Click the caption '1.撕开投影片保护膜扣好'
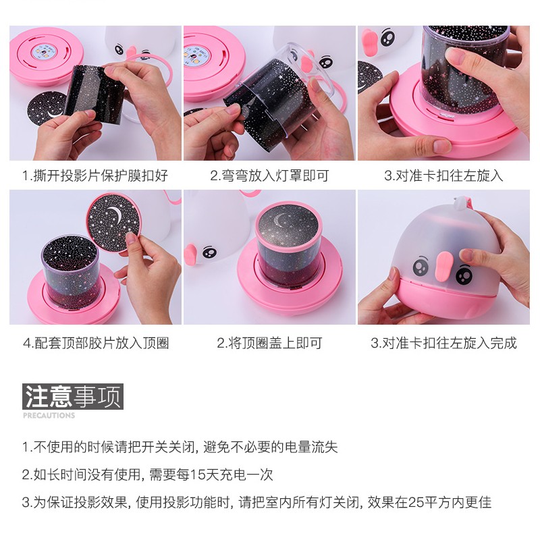pos(95,175)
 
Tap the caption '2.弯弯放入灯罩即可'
pos(269,175)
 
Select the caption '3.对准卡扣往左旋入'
pos(443,175)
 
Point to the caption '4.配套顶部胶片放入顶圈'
pos(96,343)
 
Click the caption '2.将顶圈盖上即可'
pos(269,343)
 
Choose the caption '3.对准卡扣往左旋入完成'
pos(443,343)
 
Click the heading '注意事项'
pos(73,396)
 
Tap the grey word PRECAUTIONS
pos(49,415)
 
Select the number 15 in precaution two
pos(196,475)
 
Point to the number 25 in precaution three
pos(416,502)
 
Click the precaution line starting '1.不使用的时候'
pos(180,447)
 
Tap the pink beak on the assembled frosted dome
pos(443,266)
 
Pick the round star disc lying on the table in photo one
pos(47,108)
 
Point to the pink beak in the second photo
pos(306,63)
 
